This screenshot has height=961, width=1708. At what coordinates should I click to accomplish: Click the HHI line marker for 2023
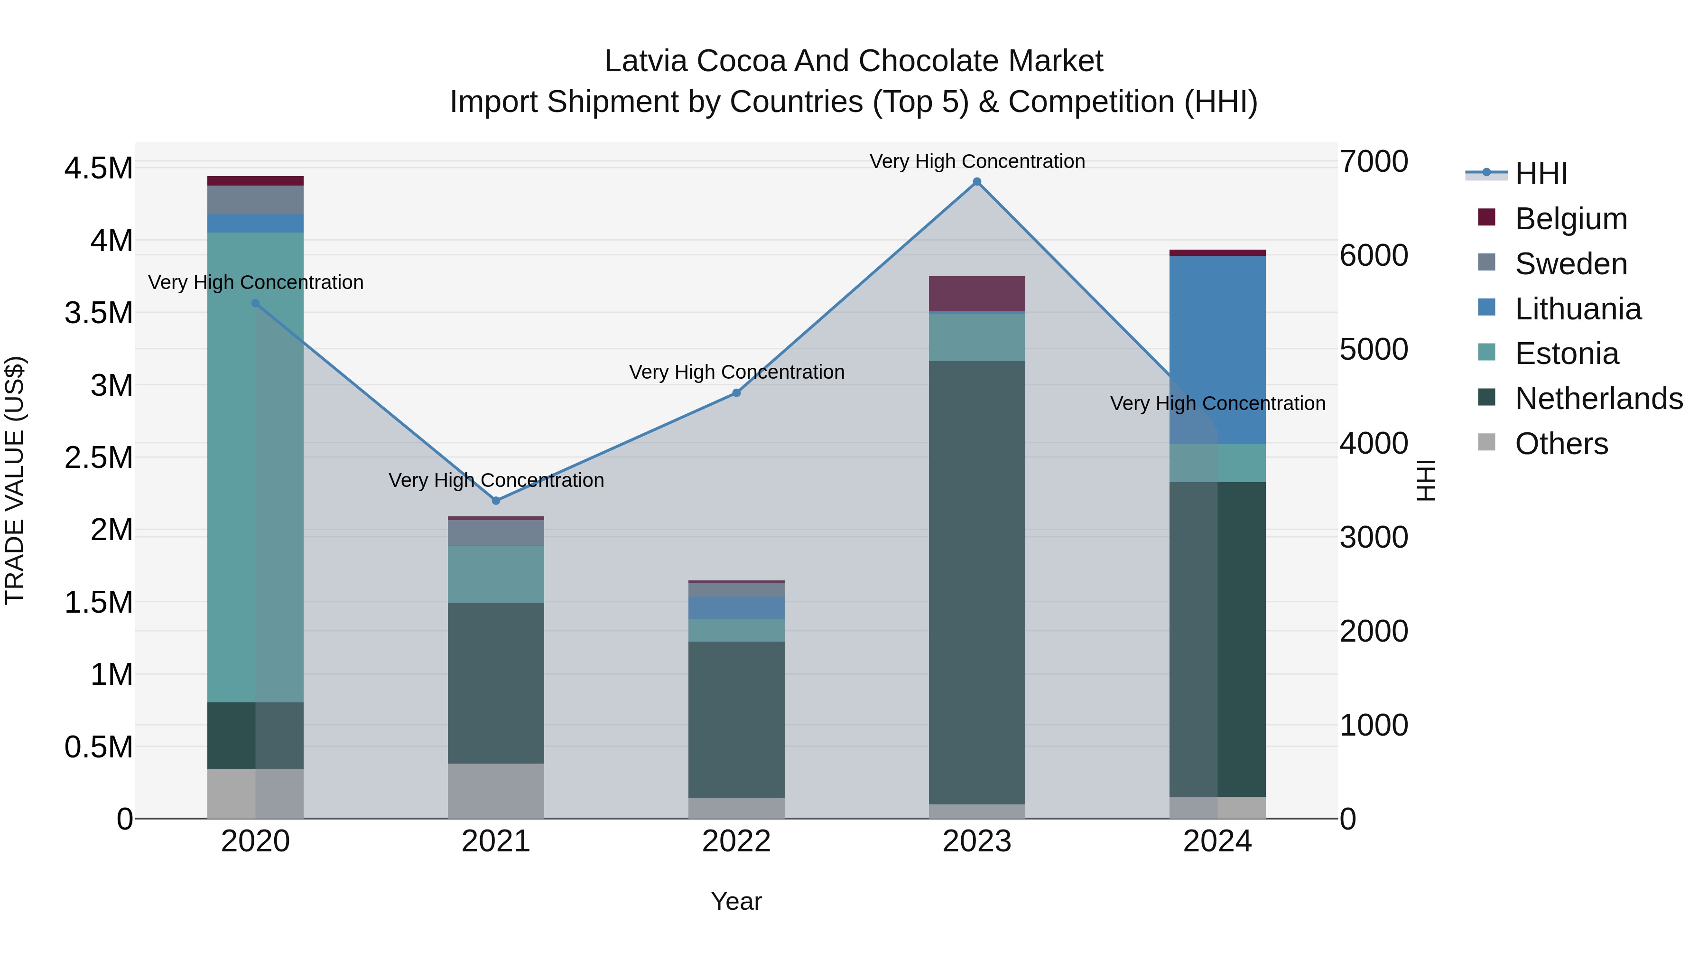click(x=977, y=182)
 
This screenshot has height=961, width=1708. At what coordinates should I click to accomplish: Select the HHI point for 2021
click(x=496, y=501)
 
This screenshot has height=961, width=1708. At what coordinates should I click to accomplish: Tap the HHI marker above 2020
click(x=255, y=303)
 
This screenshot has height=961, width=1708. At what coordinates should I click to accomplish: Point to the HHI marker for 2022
click(x=736, y=392)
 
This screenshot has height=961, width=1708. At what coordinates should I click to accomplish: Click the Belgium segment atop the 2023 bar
click(x=977, y=293)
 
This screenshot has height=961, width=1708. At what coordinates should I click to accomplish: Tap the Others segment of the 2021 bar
click(x=496, y=791)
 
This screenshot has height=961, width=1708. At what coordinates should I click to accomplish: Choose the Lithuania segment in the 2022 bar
click(x=736, y=607)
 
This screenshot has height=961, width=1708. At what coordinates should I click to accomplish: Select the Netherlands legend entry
click(x=1598, y=399)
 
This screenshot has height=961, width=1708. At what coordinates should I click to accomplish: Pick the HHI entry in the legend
click(x=1540, y=174)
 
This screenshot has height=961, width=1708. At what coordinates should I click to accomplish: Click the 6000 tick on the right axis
click(x=1373, y=255)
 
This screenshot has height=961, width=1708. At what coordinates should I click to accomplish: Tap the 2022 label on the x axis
click(x=736, y=841)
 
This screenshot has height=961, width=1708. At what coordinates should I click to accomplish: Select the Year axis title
click(x=736, y=901)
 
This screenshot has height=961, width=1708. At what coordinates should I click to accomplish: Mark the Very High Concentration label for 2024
click(x=1217, y=403)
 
